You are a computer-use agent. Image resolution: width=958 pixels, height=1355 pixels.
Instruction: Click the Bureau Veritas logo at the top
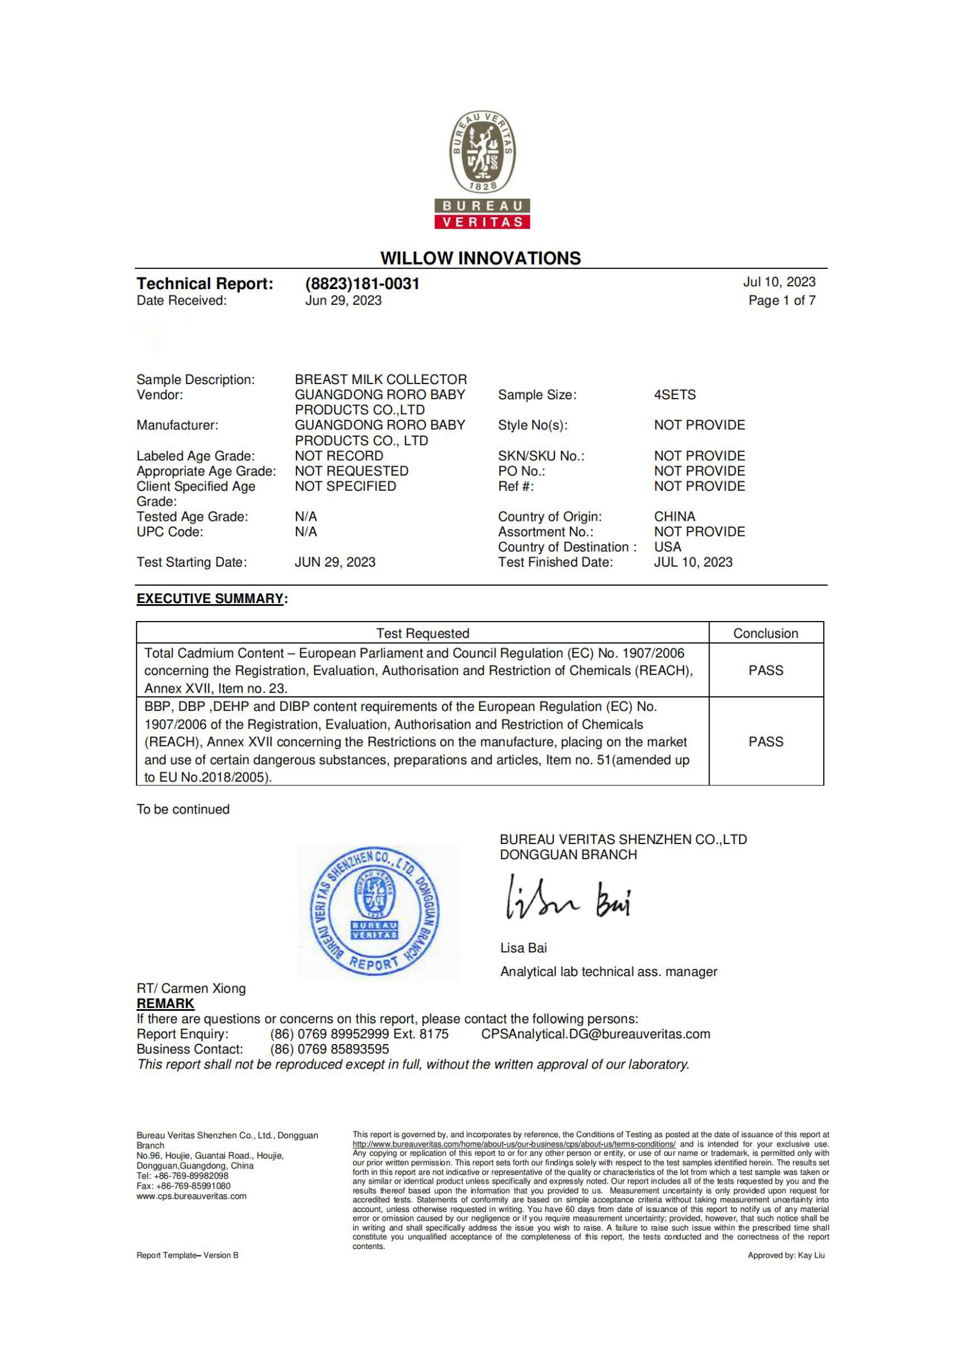(482, 169)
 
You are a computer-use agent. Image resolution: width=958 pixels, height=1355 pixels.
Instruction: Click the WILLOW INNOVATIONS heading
(480, 258)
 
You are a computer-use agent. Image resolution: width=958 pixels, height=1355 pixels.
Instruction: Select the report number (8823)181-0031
(361, 284)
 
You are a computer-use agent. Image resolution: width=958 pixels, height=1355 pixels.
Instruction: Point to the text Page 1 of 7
(781, 301)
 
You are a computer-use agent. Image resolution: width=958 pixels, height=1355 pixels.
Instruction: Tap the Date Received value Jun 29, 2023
(343, 301)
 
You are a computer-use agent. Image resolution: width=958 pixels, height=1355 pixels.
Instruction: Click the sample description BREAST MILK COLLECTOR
(381, 379)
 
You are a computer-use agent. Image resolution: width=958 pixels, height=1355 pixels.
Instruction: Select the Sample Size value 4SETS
(674, 395)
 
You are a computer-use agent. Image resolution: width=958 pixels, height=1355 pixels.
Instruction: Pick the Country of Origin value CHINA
(674, 516)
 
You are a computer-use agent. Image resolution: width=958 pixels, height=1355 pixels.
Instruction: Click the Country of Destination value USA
(667, 547)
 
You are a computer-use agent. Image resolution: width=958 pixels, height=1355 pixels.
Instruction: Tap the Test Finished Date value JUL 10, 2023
(693, 563)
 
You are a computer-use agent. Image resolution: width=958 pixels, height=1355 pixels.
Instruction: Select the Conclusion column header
(765, 633)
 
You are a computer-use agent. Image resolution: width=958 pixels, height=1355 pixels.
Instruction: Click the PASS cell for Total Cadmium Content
(766, 670)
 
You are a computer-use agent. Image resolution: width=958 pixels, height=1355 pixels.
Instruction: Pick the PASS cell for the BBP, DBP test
(766, 742)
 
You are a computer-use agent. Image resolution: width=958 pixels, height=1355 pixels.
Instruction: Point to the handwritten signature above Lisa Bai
(568, 899)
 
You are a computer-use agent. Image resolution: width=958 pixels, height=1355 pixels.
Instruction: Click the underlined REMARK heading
(165, 1004)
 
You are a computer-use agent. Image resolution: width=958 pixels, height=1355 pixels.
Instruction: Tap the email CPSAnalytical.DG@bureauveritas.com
(595, 1034)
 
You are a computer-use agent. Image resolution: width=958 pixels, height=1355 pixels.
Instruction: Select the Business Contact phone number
(329, 1049)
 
